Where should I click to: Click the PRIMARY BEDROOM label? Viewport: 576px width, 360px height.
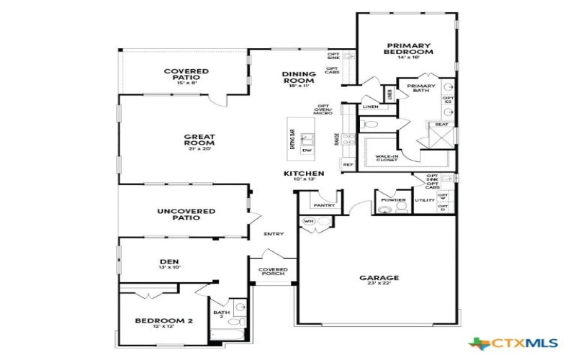[408, 48]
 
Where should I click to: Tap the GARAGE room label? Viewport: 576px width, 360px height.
[379, 277]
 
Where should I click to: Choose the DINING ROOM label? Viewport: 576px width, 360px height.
[299, 76]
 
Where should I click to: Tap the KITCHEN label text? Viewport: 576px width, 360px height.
[303, 174]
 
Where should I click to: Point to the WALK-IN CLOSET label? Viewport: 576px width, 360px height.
[387, 157]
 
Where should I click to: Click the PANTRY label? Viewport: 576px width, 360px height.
[325, 204]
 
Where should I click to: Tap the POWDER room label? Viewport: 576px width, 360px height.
[393, 199]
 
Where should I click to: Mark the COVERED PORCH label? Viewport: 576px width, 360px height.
[273, 271]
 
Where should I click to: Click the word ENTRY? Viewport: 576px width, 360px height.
[274, 233]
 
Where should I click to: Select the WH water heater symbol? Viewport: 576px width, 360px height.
[309, 221]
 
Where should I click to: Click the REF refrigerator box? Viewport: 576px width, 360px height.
[348, 165]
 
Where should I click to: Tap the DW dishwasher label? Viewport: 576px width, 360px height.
[307, 150]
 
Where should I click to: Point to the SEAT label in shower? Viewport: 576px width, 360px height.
[441, 125]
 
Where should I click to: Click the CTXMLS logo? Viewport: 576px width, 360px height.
[508, 344]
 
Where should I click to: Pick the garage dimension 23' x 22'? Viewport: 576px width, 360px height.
[379, 284]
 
